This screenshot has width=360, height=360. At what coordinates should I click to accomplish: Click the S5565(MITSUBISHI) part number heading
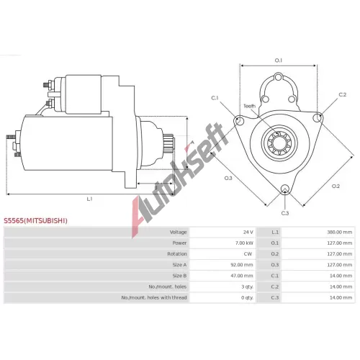(35, 220)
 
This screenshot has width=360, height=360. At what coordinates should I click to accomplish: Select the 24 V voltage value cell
(248, 232)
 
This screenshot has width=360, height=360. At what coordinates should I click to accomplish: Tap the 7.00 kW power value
(244, 243)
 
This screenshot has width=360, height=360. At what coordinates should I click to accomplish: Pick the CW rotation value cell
(248, 254)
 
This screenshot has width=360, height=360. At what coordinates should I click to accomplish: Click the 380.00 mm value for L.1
(340, 232)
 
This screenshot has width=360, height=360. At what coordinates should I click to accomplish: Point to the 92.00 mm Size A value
(242, 265)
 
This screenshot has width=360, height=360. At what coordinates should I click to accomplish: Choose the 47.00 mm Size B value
(242, 276)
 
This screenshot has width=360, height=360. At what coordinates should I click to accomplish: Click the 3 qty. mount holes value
(247, 287)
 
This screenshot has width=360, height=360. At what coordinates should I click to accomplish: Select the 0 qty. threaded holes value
(247, 297)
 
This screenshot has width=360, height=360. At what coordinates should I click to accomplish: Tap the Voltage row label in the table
(178, 232)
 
